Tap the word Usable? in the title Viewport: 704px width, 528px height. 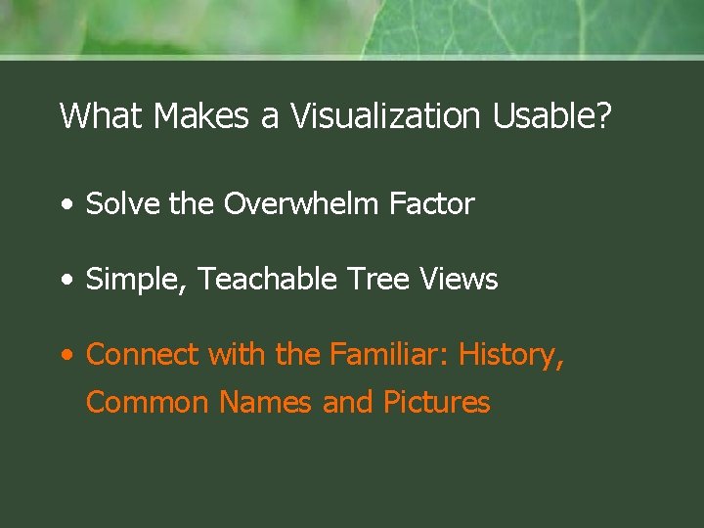[x=552, y=116]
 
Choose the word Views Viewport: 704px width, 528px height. [x=459, y=280]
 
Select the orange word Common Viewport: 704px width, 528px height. [x=147, y=403]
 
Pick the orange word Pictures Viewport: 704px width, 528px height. [x=436, y=403]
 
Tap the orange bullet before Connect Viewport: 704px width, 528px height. [x=65, y=356]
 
